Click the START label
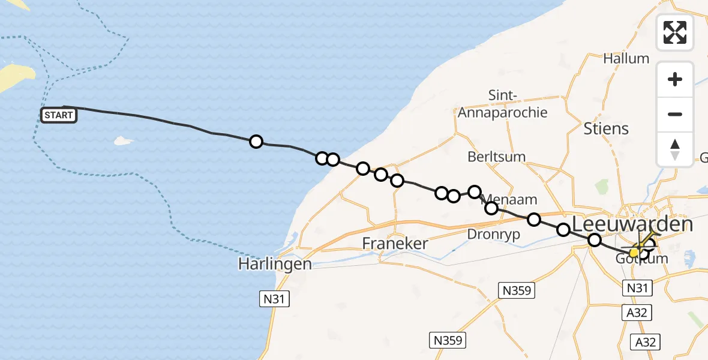coord(59,115)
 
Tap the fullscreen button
coord(675,32)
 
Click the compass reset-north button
coord(675,149)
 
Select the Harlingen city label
coord(275,264)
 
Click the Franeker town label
coord(395,244)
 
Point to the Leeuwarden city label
coord(632,224)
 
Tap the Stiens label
coord(606,128)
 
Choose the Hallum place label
coord(626,58)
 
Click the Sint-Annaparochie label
coord(503,104)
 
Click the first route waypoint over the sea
coord(256,142)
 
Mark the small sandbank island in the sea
coord(123,141)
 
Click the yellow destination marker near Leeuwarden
coord(634,253)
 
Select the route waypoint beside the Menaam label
coord(491,208)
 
